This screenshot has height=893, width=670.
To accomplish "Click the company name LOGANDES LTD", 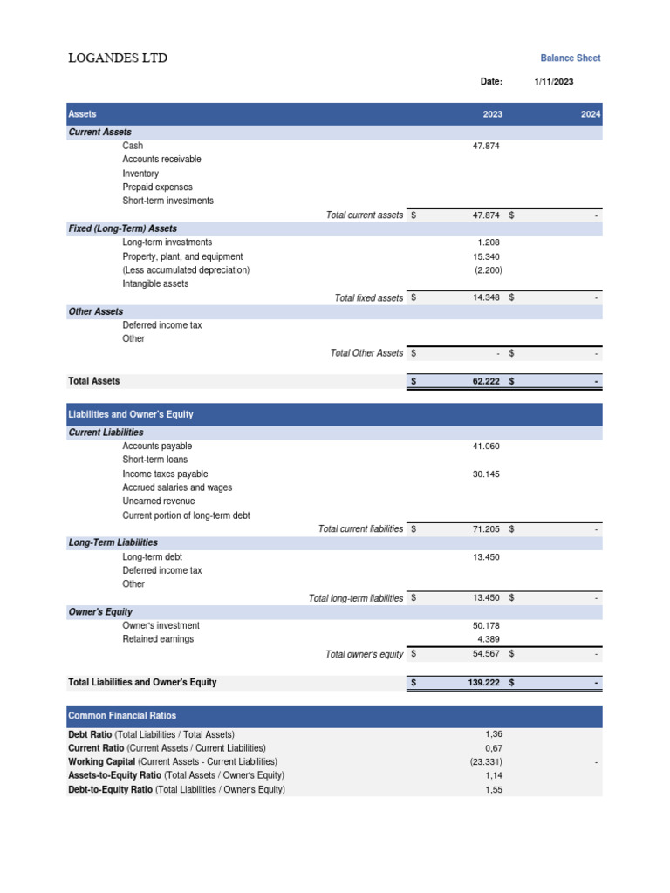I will (x=118, y=58).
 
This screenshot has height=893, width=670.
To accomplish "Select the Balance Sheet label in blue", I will (x=570, y=58).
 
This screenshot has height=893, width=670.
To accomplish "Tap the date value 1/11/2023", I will (x=554, y=82).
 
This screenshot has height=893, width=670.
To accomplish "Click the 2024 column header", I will (x=591, y=114).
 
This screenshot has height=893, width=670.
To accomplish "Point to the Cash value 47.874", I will (x=486, y=146).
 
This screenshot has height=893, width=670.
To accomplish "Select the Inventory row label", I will (x=140, y=174).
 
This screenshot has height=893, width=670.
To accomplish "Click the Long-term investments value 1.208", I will (x=489, y=242).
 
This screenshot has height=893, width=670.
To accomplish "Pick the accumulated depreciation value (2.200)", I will (x=488, y=270).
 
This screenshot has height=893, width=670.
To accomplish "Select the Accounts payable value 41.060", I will (x=486, y=446).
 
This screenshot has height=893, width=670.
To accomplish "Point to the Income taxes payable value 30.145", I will (x=486, y=474).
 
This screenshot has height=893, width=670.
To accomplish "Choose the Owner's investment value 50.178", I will (x=486, y=626).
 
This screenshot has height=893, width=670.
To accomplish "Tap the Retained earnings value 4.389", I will (x=489, y=639).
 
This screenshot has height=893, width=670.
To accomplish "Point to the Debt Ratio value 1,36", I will (x=494, y=734).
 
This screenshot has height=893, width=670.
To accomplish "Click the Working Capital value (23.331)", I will (x=485, y=762).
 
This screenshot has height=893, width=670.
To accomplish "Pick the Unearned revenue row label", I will (x=159, y=501).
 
